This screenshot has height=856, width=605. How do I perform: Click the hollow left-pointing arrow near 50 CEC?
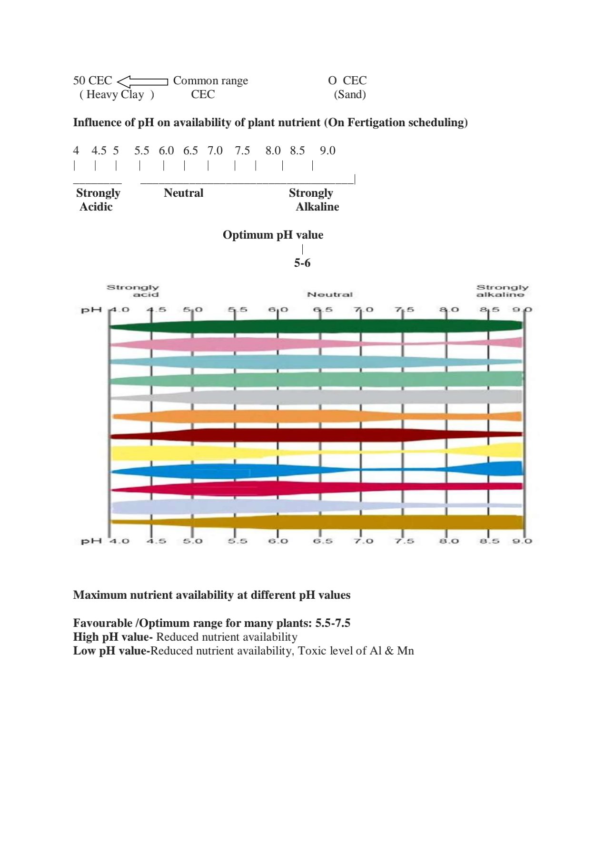click(142, 81)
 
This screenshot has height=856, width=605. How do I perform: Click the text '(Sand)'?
click(350, 94)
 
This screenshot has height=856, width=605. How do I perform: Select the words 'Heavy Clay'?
click(115, 94)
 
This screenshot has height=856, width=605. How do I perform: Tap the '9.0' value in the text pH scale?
click(327, 151)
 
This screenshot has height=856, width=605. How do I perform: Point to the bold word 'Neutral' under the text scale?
click(183, 193)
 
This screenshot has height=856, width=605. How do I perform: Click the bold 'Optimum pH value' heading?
click(273, 235)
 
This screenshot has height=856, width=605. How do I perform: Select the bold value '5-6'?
click(302, 263)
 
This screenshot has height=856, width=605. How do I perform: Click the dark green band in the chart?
click(314, 326)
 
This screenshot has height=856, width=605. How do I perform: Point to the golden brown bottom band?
click(381, 523)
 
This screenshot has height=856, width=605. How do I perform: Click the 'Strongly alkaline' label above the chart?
click(502, 291)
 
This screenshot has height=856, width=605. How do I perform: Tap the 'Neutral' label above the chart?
click(330, 295)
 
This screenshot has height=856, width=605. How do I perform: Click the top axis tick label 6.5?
click(323, 310)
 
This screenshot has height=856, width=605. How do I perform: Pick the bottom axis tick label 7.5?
click(404, 541)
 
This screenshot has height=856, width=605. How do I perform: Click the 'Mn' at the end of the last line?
click(405, 651)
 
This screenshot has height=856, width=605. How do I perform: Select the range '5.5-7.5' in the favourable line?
click(332, 623)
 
